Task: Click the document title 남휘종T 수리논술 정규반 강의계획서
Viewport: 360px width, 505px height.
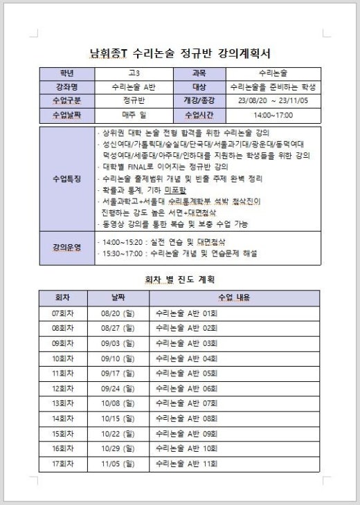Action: point(180,52)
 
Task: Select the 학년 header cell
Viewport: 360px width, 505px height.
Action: point(67,73)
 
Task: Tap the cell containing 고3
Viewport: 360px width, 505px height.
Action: point(134,73)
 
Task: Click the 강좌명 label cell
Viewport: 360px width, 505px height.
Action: point(67,87)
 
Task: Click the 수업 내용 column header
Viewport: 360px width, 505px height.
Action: point(234,297)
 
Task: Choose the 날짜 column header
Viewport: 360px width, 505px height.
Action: point(118,297)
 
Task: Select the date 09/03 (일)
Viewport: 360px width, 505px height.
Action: point(118,343)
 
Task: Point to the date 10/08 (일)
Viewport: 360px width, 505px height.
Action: point(118,403)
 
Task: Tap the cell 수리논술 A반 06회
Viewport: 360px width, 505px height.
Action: point(187,388)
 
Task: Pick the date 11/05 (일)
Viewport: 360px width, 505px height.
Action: point(118,463)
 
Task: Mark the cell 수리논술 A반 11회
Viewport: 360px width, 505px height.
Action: point(187,463)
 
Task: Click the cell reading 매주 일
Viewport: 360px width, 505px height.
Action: point(134,115)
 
